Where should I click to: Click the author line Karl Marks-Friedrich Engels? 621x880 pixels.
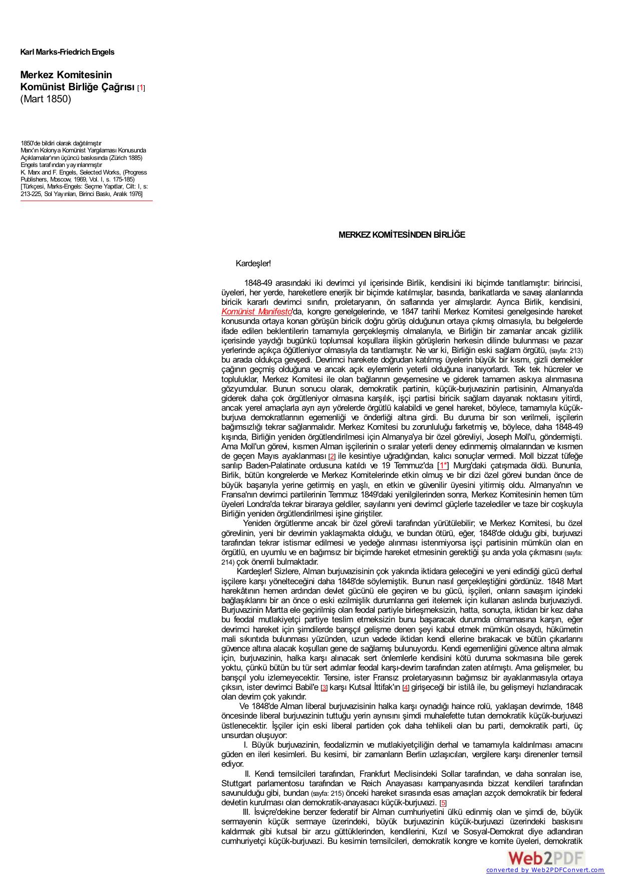(67, 52)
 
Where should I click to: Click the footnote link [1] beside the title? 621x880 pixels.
(141, 88)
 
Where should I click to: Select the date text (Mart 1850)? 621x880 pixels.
(46, 99)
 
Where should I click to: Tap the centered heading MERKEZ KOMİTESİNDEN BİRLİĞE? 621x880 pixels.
(402, 235)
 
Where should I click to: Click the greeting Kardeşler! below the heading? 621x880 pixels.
(253, 263)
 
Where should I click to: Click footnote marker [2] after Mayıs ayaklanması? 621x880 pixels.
(332, 457)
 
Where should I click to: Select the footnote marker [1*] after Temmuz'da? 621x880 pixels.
(443, 466)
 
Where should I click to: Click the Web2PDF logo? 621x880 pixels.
(546, 858)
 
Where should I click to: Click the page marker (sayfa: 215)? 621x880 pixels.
(327, 794)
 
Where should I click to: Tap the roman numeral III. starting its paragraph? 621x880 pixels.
(246, 812)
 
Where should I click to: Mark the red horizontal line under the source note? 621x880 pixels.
(86, 201)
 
